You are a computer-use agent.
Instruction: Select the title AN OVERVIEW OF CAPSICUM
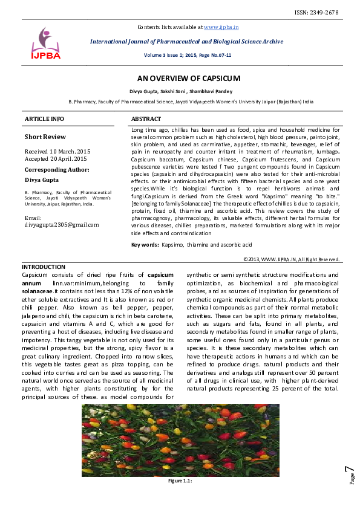[x=189, y=79]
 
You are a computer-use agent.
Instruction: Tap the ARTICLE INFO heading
[x=44, y=119]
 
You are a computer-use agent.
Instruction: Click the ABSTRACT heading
[x=146, y=119]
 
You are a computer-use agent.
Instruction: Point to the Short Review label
[x=45, y=137]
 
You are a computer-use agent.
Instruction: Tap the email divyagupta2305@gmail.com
[x=61, y=224]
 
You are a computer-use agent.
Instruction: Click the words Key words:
[x=145, y=244]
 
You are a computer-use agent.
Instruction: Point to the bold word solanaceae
[x=38, y=291]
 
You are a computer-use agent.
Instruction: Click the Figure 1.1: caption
[x=180, y=481]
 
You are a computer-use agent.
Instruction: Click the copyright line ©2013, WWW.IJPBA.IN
[x=291, y=259]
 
